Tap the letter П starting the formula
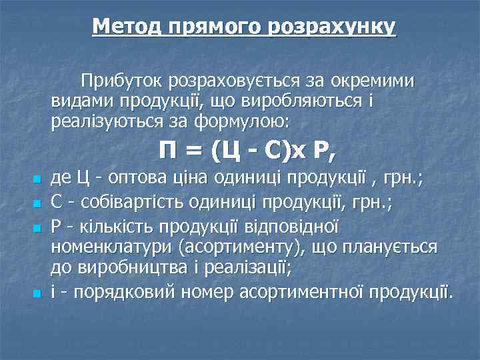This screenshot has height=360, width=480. (169, 152)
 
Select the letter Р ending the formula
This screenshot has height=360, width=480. (325, 152)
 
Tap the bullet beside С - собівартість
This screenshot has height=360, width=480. (37, 203)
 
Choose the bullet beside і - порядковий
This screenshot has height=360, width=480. (37, 293)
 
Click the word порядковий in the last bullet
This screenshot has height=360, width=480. (117, 292)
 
